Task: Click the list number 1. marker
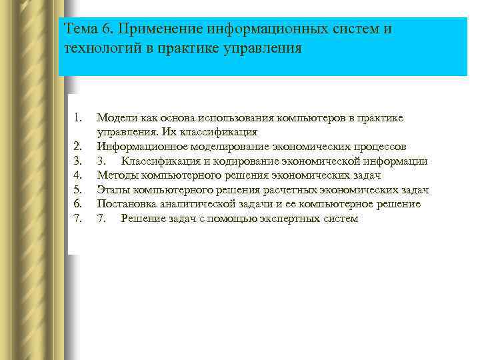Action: coord(77,118)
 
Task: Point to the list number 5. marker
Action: coord(77,190)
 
